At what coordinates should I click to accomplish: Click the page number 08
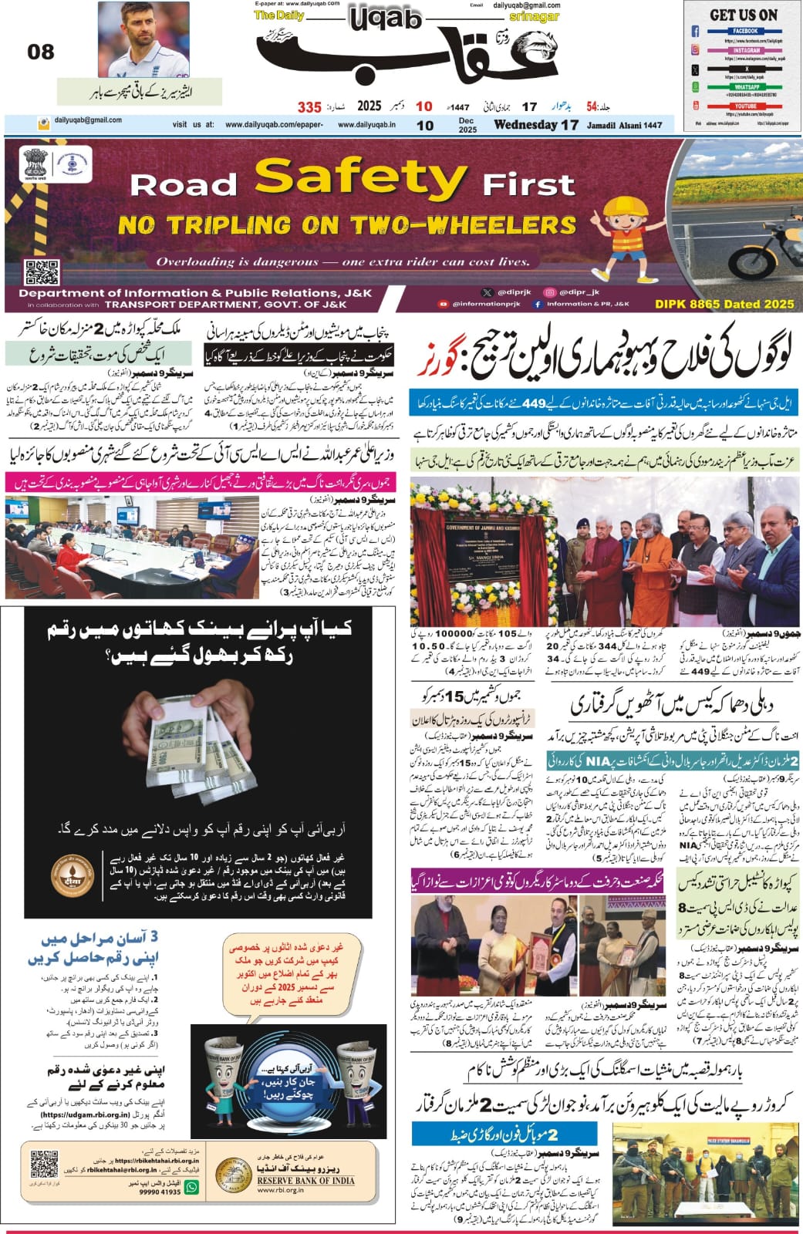click(x=41, y=52)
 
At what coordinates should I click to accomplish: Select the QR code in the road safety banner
click(x=42, y=272)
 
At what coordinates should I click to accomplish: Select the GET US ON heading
click(x=744, y=15)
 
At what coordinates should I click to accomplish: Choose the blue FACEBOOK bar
click(x=745, y=32)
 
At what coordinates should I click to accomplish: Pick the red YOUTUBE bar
click(x=745, y=106)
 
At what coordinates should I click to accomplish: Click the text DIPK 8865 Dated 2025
click(x=724, y=305)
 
